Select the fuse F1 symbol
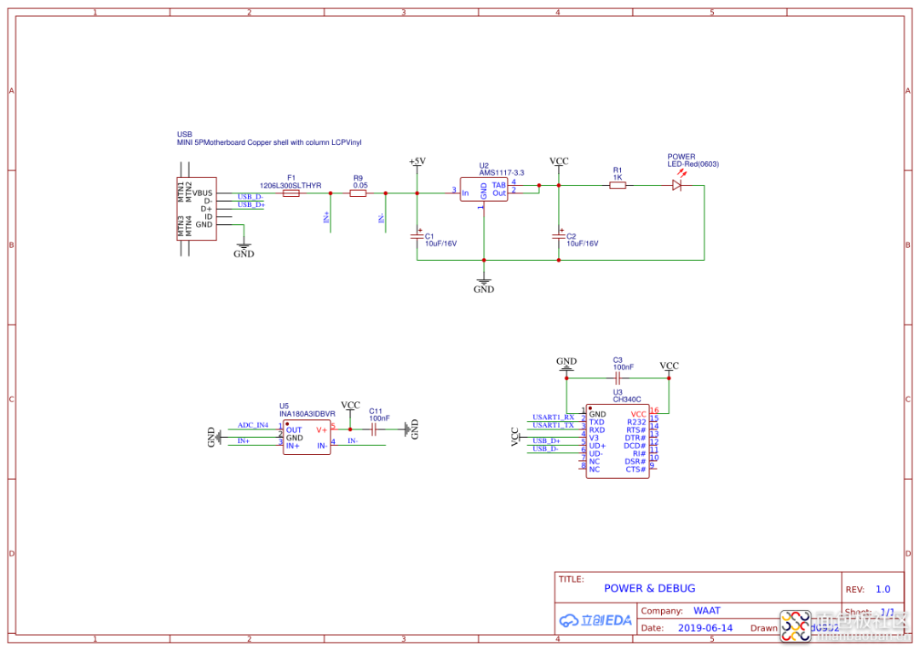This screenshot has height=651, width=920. coord(290,193)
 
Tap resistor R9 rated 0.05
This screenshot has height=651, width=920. coord(359,193)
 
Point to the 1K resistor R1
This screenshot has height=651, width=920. coord(618,185)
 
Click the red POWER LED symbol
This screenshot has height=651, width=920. coord(678,185)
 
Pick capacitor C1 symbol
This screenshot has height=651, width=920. coord(417,233)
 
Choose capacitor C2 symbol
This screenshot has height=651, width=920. coord(559,233)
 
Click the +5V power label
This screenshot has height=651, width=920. coord(417,161)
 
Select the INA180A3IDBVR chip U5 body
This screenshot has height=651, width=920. coord(307,437)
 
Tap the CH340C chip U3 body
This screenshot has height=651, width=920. coord(618,441)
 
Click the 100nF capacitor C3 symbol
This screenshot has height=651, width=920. coord(618,377)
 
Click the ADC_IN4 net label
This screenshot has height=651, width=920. coord(252,424)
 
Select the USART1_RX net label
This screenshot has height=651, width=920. coord(553,417)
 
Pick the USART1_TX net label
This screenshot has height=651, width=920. coord(553,424)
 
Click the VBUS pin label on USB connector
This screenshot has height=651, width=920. coord(203,193)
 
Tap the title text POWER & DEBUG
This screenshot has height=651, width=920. coord(649,589)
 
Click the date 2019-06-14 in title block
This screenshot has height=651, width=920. coord(704,628)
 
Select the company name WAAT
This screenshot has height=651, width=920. coord(706,611)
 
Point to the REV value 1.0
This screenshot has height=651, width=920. coord(883,589)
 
